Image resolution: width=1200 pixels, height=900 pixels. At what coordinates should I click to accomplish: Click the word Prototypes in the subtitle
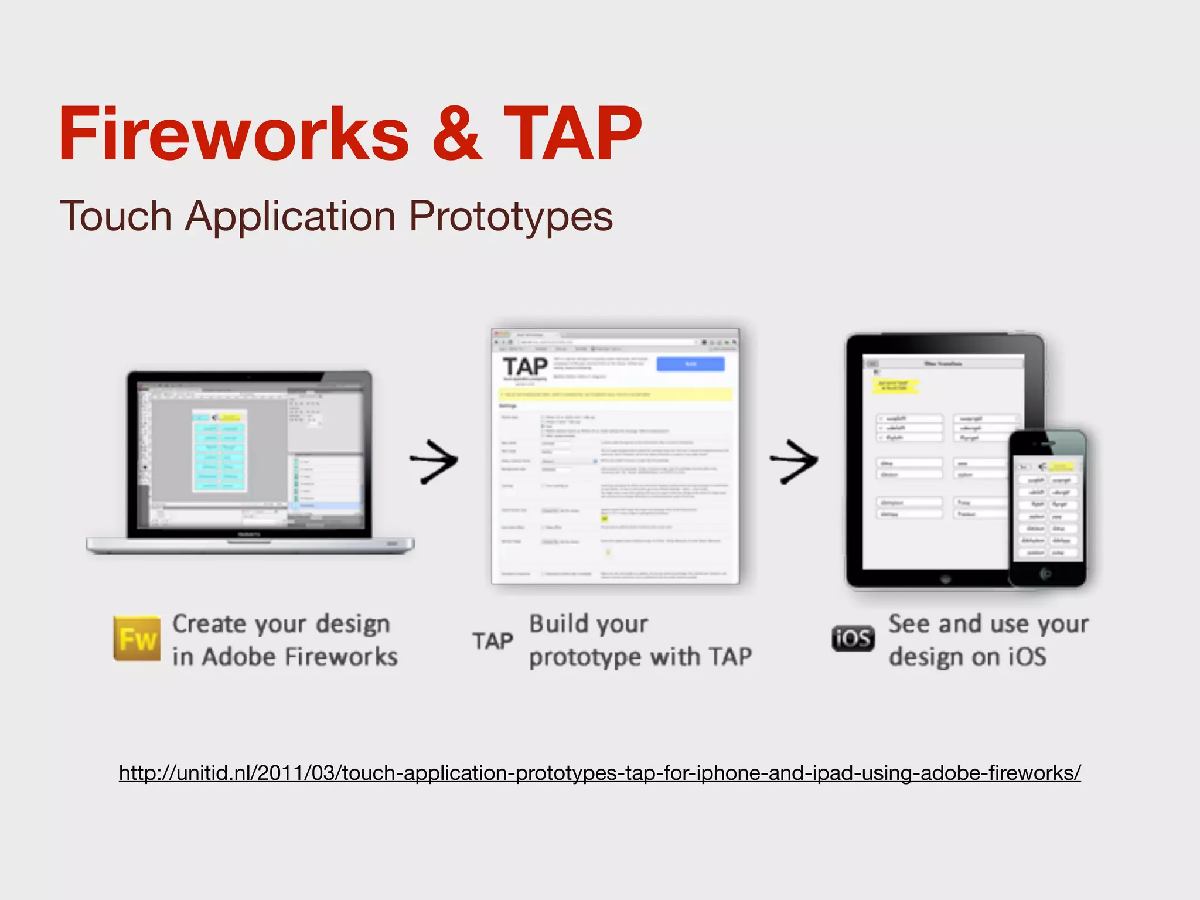pos(510,216)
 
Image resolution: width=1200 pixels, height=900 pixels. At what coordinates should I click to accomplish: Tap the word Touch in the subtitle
pos(115,216)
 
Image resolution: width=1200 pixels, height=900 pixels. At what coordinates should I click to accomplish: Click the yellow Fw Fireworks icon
pos(137,638)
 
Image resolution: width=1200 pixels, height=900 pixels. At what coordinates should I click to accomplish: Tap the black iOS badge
pos(853,639)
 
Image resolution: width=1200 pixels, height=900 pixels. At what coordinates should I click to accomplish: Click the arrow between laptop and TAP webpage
pos(434,461)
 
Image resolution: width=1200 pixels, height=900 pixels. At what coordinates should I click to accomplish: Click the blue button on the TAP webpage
pos(690,364)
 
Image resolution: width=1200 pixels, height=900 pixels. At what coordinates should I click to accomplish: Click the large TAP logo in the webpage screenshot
pos(525,367)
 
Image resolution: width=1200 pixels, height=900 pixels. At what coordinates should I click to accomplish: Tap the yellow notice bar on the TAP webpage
pos(615,394)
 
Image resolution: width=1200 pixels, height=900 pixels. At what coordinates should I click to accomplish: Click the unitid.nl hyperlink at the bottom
pos(599,773)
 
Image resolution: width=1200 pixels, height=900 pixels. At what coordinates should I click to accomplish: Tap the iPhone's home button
pos(1046,574)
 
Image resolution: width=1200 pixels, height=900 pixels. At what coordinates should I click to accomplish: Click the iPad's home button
pos(945,579)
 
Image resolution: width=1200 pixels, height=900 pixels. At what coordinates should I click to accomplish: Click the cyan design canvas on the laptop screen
pos(220,450)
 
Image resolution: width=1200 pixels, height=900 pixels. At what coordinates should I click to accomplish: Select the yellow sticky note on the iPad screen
pos(895,386)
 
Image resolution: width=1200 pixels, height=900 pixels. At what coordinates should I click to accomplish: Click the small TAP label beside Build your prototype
pos(493,641)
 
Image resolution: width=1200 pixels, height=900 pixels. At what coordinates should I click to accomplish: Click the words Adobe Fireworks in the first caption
pos(299,657)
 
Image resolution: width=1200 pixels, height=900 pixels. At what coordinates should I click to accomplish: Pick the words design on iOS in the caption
pos(967,657)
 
